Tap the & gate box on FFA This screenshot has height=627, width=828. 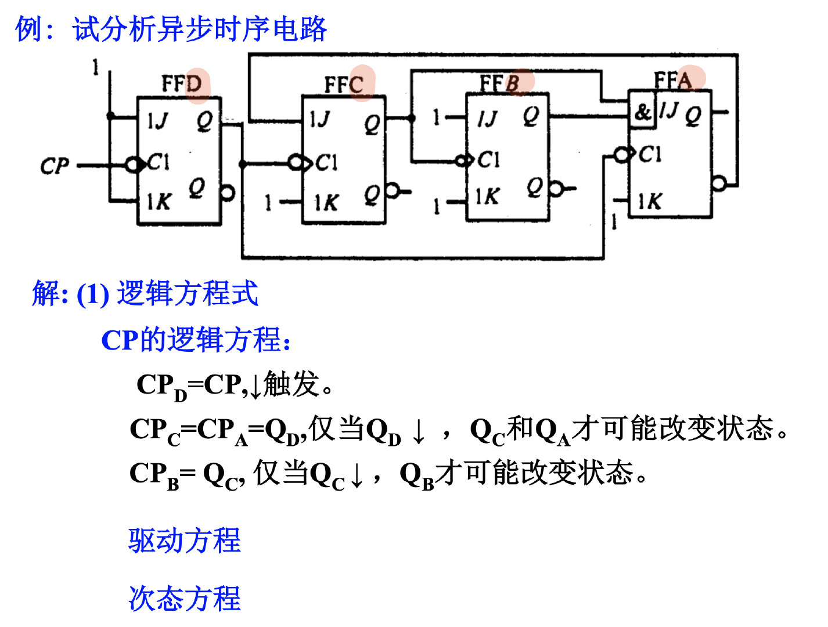pyautogui.click(x=642, y=111)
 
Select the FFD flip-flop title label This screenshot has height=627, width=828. pyautogui.click(x=182, y=84)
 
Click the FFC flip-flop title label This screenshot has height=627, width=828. pyautogui.click(x=344, y=85)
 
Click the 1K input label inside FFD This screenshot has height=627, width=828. pyautogui.click(x=158, y=201)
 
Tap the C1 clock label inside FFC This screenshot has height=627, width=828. pyautogui.click(x=326, y=163)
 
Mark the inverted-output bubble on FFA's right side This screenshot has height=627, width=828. pyautogui.click(x=719, y=184)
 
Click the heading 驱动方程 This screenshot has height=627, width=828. pyautogui.click(x=184, y=540)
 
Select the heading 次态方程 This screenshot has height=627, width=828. pyautogui.click(x=184, y=599)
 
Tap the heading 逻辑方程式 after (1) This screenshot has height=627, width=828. pyautogui.click(x=187, y=293)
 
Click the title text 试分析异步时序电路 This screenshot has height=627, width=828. pyautogui.click(x=199, y=29)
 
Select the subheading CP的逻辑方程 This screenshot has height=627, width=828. pyautogui.click(x=195, y=340)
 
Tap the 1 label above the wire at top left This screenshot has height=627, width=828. pyautogui.click(x=95, y=67)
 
